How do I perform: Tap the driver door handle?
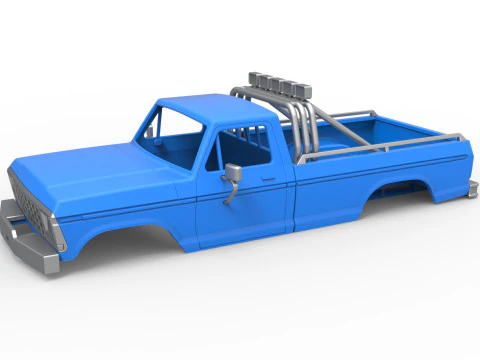pyautogui.click(x=269, y=180)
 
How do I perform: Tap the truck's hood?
pyautogui.click(x=90, y=170)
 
